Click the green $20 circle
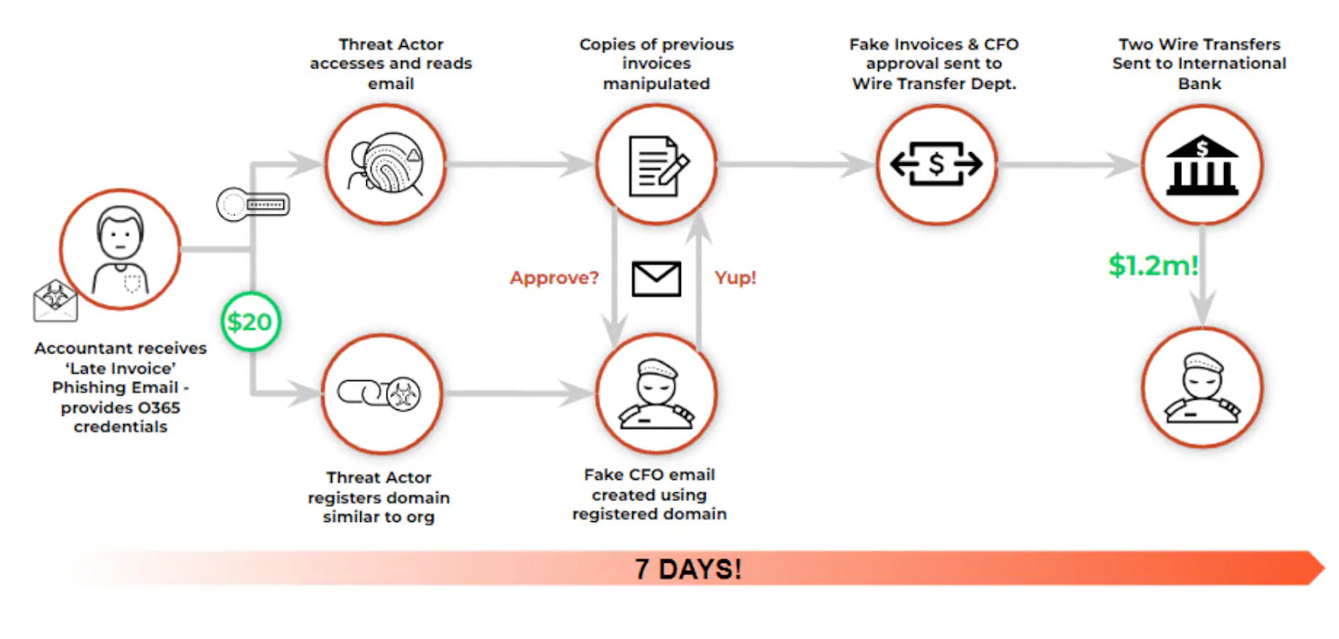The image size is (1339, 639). click(250, 322)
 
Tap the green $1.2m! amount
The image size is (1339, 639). click(1153, 265)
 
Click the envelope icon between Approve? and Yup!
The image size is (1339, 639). click(656, 278)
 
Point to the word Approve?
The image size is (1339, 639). click(554, 278)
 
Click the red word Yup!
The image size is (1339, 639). click(735, 278)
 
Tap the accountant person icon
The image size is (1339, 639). click(120, 249)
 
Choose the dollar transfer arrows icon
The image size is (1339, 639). click(936, 164)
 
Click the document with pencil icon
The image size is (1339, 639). click(656, 165)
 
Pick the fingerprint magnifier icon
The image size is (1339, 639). click(386, 163)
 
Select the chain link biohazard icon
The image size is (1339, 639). click(381, 394)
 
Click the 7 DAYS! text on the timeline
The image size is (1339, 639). click(688, 569)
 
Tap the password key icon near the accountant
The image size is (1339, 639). click(253, 205)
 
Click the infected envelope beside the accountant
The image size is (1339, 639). click(55, 301)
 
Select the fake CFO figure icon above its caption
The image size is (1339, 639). click(656, 393)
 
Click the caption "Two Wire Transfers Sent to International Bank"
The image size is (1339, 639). click(1199, 63)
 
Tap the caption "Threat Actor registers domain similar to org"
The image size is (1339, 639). click(379, 497)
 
